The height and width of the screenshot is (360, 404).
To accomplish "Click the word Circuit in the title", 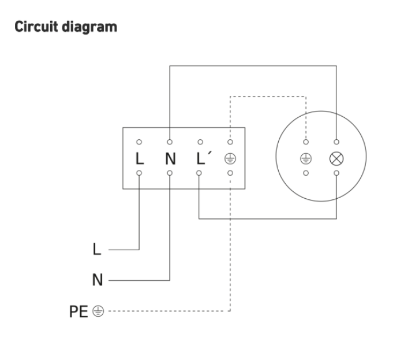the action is (36, 27).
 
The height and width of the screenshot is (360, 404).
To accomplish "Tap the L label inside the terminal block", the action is (140, 158).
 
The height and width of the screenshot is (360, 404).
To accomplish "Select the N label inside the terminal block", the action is (170, 158).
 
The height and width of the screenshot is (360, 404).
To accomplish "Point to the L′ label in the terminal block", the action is (204, 158).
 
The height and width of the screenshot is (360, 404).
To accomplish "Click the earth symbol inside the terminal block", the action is (230, 158).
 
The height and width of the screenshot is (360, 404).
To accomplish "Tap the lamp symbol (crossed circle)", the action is (336, 158).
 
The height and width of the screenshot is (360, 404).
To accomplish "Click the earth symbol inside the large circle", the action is (306, 158).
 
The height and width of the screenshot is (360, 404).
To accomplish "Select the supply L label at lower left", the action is (97, 249).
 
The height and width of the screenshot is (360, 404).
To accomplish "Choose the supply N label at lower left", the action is (98, 280).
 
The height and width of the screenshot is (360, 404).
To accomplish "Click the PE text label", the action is (78, 311).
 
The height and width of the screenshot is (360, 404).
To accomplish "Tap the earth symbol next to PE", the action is (98, 311).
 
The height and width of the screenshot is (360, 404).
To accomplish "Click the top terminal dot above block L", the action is (139, 142).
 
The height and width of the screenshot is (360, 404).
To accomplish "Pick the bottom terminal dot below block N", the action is (170, 173).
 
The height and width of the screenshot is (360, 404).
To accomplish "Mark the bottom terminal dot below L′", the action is (199, 173).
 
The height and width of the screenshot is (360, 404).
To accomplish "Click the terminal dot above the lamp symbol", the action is (336, 142).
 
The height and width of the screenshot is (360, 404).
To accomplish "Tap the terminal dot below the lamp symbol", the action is (336, 173).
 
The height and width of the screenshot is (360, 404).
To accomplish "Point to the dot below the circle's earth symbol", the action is (306, 173).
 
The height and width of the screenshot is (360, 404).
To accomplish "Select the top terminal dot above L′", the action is (200, 142).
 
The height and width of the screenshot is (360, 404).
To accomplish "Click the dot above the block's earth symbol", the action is (230, 142).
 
